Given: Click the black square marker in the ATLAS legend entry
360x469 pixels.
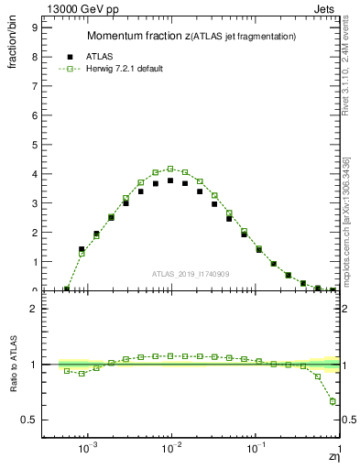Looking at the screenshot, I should [70, 55].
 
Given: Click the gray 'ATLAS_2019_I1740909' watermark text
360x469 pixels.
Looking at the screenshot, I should [189, 274].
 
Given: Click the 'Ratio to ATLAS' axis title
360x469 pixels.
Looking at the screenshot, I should [14, 364].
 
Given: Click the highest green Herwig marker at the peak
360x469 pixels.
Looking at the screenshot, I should [170, 169].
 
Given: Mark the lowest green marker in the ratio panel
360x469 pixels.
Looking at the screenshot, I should [333, 401].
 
